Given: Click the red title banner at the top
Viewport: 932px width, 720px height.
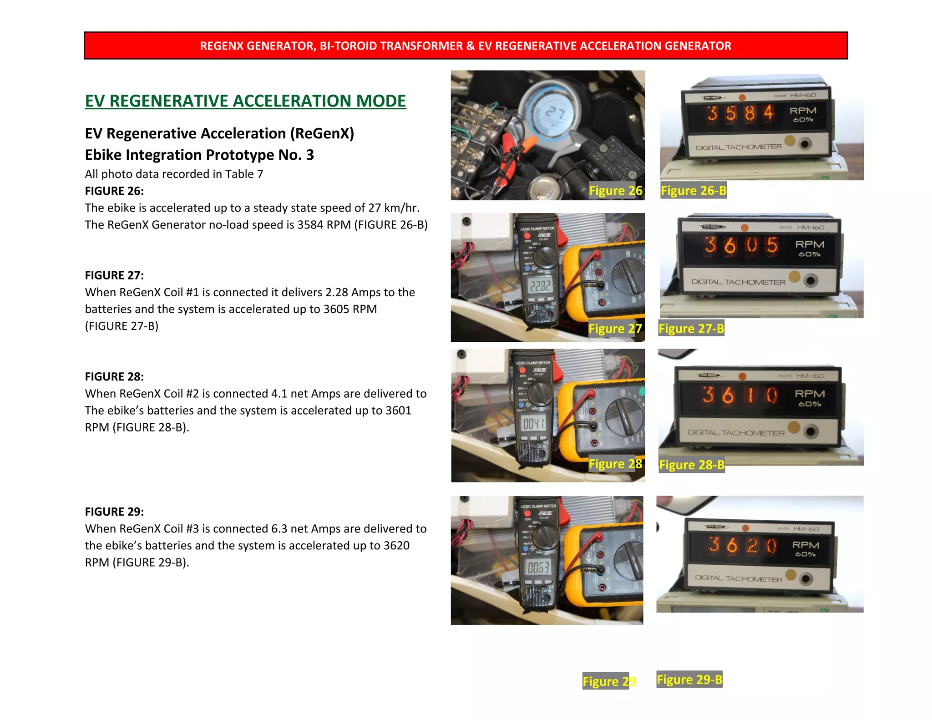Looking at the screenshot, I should (465, 46).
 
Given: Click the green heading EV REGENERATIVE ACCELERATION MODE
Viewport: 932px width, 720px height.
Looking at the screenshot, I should (245, 101).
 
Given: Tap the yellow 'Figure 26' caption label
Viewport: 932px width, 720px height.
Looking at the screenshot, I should (615, 191).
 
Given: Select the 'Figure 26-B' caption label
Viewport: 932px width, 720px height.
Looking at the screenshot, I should (693, 191).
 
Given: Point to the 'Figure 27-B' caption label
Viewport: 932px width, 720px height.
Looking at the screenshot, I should (691, 329).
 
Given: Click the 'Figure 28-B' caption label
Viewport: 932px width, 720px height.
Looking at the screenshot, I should (692, 465).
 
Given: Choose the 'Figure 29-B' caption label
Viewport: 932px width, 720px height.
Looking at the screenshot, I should (689, 679).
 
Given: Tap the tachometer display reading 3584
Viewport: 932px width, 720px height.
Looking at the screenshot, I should (740, 113).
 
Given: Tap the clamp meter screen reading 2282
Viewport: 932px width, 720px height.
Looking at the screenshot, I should (540, 286).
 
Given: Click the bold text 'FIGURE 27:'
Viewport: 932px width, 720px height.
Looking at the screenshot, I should (114, 275).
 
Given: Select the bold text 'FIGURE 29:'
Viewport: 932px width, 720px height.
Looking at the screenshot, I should (114, 512).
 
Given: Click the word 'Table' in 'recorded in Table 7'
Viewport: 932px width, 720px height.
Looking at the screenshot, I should (239, 174).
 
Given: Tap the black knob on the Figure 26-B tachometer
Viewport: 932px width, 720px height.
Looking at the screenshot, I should (805, 144).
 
